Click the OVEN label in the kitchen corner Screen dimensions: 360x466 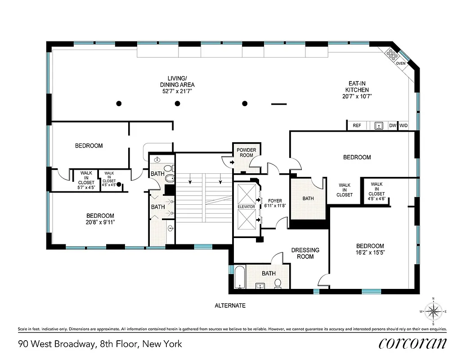pyautogui.click(x=400, y=63)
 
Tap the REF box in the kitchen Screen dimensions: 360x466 pyautogui.click(x=357, y=126)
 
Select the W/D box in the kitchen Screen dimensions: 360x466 pyautogui.click(x=403, y=126)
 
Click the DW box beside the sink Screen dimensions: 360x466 pyautogui.click(x=392, y=126)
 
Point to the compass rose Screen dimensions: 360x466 pyautogui.click(x=433, y=311)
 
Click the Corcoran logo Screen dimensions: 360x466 pyautogui.click(x=412, y=343)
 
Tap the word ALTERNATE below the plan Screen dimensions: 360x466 pyautogui.click(x=230, y=306)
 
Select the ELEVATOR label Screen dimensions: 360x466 pyautogui.click(x=246, y=207)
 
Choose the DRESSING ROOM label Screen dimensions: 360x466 pyautogui.click(x=305, y=253)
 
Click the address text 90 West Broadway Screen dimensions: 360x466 pyautogui.click(x=100, y=344)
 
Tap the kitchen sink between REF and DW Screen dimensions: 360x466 pyautogui.click(x=379, y=126)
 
